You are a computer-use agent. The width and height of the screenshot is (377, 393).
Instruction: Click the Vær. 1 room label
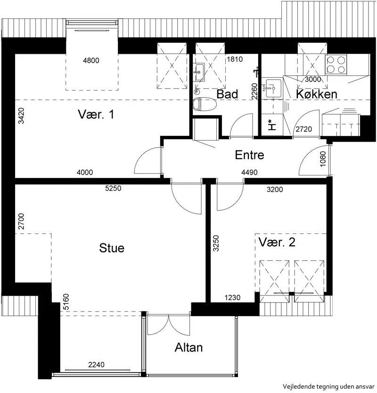click(x=96, y=114)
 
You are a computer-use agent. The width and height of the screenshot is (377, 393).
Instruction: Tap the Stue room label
click(x=112, y=248)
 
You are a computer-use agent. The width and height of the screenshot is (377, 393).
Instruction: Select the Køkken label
click(x=317, y=94)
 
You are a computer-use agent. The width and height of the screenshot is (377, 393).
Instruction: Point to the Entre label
click(x=250, y=155)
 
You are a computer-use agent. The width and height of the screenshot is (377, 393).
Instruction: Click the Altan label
click(x=188, y=347)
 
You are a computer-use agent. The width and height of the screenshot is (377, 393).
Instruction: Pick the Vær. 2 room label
click(x=277, y=242)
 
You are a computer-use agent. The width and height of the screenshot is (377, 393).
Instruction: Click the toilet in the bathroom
click(x=205, y=105)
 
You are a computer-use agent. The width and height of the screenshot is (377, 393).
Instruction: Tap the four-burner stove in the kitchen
click(x=336, y=65)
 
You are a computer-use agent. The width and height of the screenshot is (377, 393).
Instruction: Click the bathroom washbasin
click(x=199, y=72)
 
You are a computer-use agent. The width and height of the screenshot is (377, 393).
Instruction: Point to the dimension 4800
click(x=91, y=60)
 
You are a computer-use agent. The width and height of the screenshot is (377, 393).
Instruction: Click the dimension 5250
click(x=113, y=188)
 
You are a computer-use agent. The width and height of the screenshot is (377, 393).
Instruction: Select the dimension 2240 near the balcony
click(x=97, y=365)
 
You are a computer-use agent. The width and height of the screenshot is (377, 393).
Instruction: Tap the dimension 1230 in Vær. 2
click(x=232, y=298)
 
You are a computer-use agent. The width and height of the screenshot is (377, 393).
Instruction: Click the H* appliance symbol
click(x=271, y=125)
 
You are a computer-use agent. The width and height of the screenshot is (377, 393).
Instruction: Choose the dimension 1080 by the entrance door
click(x=323, y=159)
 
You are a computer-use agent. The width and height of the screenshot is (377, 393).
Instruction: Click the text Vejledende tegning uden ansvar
click(x=328, y=386)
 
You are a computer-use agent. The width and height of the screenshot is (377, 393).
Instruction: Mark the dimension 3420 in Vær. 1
click(x=21, y=116)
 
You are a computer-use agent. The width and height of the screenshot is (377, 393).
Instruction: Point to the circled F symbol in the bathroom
click(x=197, y=92)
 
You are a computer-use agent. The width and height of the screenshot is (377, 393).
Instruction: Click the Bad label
click(x=227, y=94)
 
